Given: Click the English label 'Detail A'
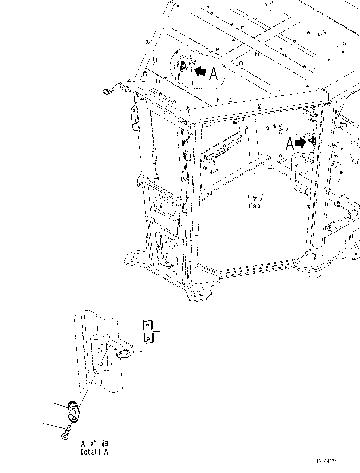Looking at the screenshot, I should tap(94, 452).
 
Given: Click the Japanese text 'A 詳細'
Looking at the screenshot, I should tap(94, 443).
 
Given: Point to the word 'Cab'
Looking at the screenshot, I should tap(254, 206).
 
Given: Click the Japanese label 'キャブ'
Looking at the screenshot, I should tap(254, 197).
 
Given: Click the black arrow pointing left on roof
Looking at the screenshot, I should tap(200, 71).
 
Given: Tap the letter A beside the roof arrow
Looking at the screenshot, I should tap(213, 74).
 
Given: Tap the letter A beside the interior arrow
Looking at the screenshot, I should tap(290, 144).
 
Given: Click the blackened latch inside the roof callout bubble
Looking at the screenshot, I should tap(183, 65).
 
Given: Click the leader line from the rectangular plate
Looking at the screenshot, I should tap(160, 331).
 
